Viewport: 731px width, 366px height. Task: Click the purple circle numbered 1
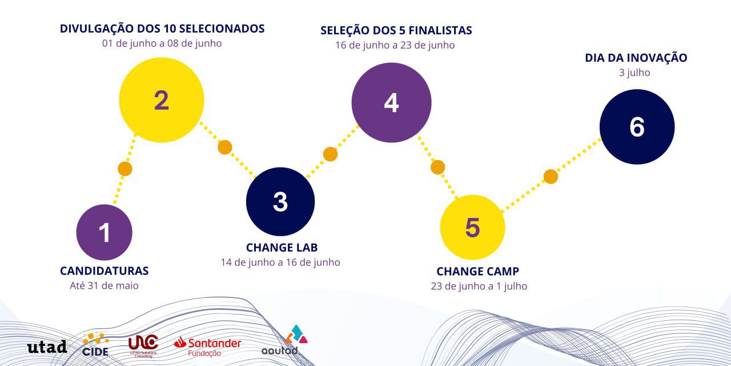tap(104, 232)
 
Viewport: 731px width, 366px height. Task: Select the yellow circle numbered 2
tap(162, 100)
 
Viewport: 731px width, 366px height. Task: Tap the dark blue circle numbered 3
tap(280, 202)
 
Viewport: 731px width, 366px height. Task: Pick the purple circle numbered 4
tap(391, 102)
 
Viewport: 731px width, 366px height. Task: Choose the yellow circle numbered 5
tap(472, 228)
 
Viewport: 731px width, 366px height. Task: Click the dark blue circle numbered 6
tap(637, 127)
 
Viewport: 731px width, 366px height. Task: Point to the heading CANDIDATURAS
tap(105, 271)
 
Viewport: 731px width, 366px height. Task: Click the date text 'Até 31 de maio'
tap(104, 285)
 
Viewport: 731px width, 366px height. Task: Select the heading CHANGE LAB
tap(282, 248)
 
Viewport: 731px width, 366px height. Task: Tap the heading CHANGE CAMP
tap(478, 272)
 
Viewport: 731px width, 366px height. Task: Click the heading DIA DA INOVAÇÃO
tap(636, 58)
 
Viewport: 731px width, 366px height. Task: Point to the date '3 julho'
tap(634, 73)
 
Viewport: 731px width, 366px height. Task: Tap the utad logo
tap(47, 347)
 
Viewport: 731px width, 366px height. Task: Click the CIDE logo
tap(95, 345)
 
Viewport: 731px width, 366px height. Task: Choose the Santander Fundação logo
tap(207, 347)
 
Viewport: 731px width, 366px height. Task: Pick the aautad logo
tap(284, 340)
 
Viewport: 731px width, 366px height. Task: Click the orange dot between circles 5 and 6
tap(551, 177)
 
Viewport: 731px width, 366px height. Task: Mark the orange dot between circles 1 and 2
tap(125, 169)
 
